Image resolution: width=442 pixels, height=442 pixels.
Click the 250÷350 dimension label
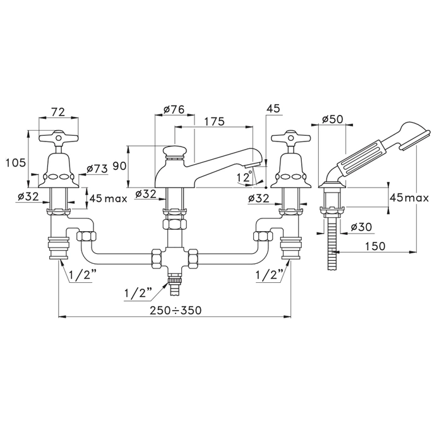[176, 311]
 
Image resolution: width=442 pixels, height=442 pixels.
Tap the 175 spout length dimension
[214, 121]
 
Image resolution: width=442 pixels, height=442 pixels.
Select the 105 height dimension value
[16, 163]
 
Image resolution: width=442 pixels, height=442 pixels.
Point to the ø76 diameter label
[174, 109]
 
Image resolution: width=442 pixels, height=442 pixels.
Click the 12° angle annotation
[244, 177]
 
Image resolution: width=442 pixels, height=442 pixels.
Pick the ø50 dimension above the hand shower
[333, 119]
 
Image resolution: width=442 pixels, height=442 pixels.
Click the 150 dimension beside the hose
[375, 246]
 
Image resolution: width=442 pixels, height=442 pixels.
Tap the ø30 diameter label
[361, 227]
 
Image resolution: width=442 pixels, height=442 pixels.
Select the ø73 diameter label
[97, 169]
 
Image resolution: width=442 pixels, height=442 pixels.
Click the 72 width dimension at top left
[58, 112]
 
